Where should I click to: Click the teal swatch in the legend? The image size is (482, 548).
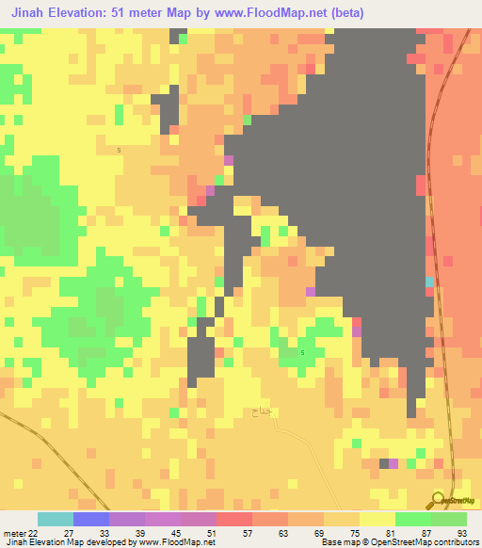(x=56, y=519)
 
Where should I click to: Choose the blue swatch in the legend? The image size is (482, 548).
(x=91, y=519)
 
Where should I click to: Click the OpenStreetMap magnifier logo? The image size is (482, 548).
(x=438, y=500)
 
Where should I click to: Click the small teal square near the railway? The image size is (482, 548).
(x=430, y=282)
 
